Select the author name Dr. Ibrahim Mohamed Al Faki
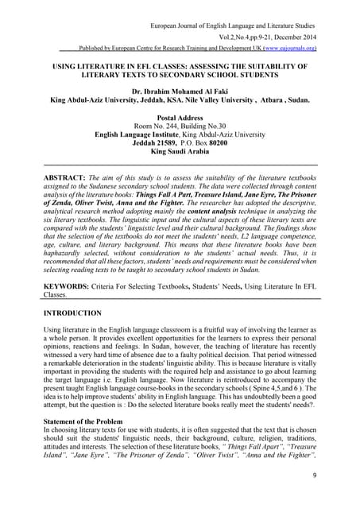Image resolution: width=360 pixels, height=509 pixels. [x=180, y=92]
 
